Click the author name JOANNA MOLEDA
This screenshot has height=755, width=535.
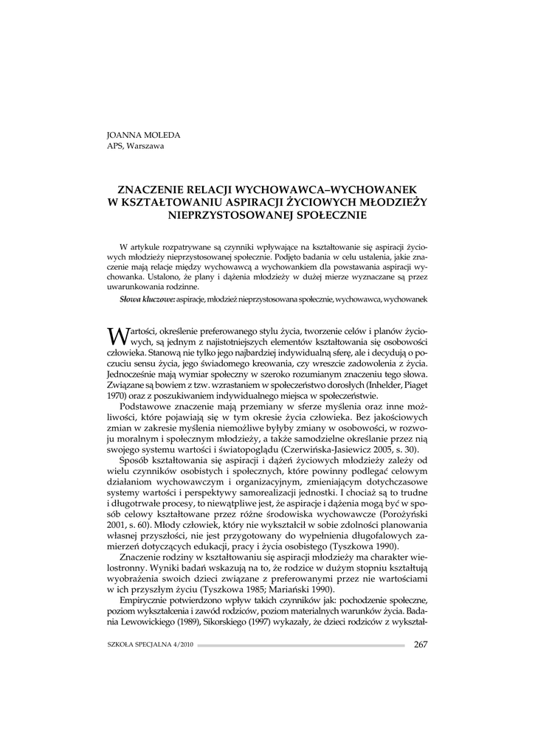[x=144, y=135]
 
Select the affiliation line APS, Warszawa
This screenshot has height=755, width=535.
[x=136, y=145]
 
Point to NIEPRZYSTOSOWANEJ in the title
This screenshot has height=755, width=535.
[x=233, y=215]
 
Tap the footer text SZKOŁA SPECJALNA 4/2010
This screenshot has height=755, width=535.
[x=151, y=645]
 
